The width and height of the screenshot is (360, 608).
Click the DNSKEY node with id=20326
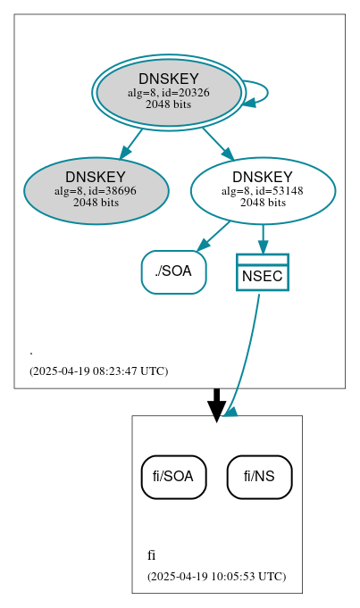[168, 92]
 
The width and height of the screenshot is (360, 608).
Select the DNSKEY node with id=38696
[96, 190]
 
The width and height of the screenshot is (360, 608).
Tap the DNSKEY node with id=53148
[263, 190]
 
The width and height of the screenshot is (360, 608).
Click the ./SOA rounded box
[173, 271]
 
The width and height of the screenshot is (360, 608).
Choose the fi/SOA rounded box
[173, 477]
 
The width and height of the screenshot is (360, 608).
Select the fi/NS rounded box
[259, 477]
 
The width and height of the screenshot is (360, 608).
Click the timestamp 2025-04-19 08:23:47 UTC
[98, 371]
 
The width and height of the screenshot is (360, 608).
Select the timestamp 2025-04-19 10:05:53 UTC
[216, 577]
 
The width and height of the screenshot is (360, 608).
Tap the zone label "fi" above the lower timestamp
[151, 555]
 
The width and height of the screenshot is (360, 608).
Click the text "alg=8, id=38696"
[96, 190]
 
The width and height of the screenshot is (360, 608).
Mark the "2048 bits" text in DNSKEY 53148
[263, 202]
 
